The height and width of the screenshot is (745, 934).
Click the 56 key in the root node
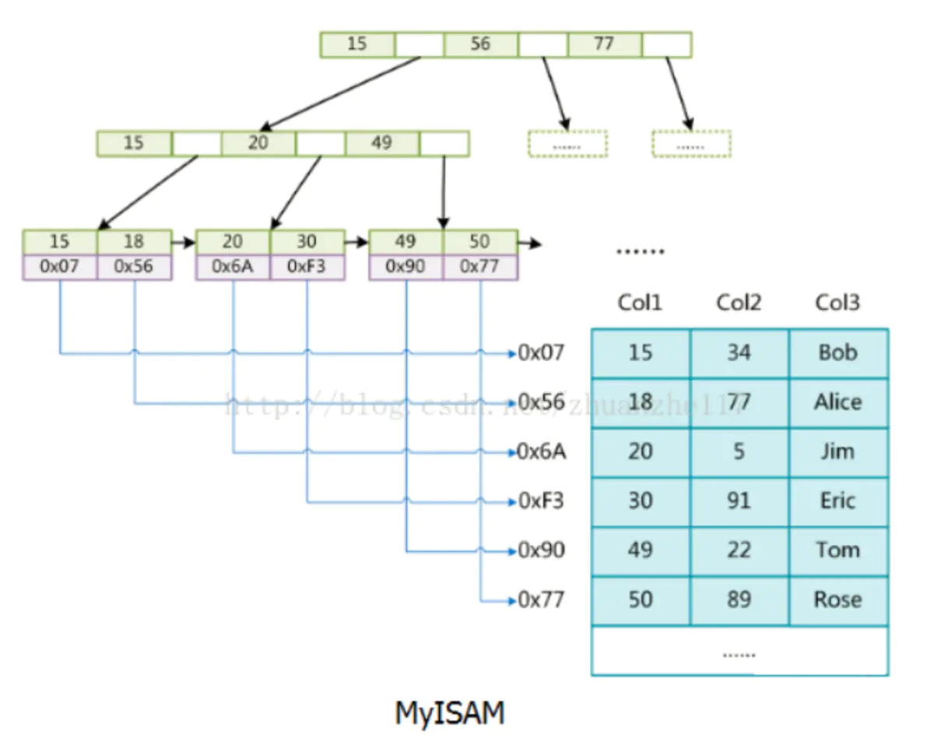click(x=480, y=44)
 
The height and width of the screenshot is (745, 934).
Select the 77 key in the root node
click(x=604, y=44)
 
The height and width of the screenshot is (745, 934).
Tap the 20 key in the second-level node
click(x=258, y=144)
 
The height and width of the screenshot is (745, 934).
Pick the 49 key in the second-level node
click(x=381, y=144)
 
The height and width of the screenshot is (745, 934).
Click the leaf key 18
click(x=134, y=241)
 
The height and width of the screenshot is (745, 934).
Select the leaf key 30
click(x=307, y=241)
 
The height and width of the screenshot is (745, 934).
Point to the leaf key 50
click(x=479, y=241)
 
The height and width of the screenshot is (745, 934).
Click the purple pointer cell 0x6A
click(x=233, y=267)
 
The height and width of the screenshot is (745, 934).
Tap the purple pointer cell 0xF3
click(x=307, y=267)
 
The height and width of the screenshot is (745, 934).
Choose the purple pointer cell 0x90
click(x=406, y=267)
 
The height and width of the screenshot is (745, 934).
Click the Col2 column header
click(x=739, y=303)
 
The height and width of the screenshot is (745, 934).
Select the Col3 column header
click(x=837, y=303)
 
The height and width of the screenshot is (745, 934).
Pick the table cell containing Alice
click(x=838, y=402)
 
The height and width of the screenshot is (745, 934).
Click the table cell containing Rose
click(x=838, y=600)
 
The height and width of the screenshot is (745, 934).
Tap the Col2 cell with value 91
click(x=739, y=501)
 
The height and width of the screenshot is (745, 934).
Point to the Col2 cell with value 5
click(x=739, y=452)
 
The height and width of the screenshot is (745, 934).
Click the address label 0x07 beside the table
click(x=541, y=353)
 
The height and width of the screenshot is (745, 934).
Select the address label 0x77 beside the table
click(x=541, y=600)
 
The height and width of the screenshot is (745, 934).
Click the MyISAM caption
click(x=450, y=713)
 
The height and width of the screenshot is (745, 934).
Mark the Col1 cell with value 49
click(x=640, y=551)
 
